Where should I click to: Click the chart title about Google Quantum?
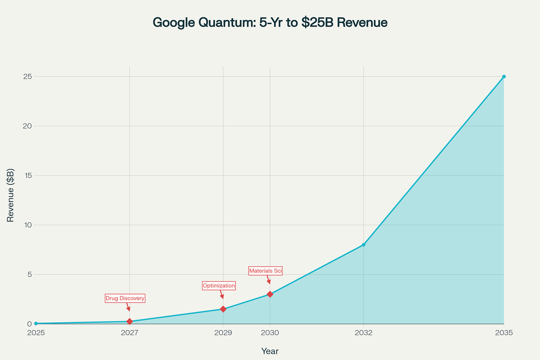pyautogui.click(x=270, y=23)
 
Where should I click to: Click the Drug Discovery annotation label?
pyautogui.click(x=125, y=298)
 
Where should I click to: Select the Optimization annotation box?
pyautogui.click(x=219, y=285)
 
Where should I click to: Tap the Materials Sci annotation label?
pyautogui.click(x=266, y=271)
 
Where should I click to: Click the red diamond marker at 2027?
pyautogui.click(x=129, y=321)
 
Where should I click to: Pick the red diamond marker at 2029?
pyautogui.click(x=223, y=309)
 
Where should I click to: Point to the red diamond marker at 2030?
pyautogui.click(x=270, y=294)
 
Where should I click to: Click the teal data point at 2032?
pyautogui.click(x=363, y=245)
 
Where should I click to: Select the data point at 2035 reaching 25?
pyautogui.click(x=504, y=77)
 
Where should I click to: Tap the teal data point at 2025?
pyautogui.click(x=36, y=324)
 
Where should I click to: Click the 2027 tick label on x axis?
pyautogui.click(x=129, y=333)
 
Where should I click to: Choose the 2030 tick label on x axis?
pyautogui.click(x=270, y=333)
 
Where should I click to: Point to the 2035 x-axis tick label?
pyautogui.click(x=504, y=333)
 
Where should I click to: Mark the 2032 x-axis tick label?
pyautogui.click(x=363, y=333)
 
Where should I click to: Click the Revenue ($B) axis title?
pyautogui.click(x=10, y=195)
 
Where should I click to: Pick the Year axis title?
pyautogui.click(x=270, y=351)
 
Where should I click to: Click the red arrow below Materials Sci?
pyautogui.click(x=268, y=280)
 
